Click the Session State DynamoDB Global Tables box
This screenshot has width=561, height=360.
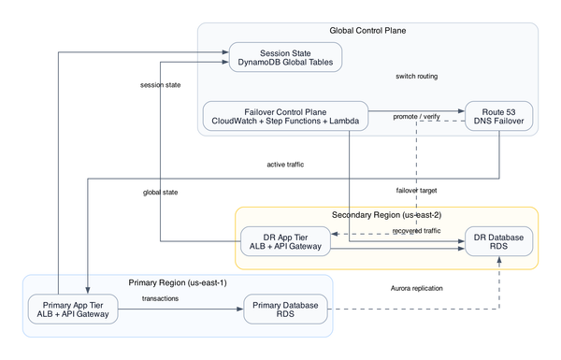click(x=284, y=56)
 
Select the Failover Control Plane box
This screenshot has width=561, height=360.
click(x=285, y=115)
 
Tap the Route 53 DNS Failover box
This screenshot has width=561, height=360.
click(x=499, y=115)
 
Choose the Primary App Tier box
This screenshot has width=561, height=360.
click(x=74, y=309)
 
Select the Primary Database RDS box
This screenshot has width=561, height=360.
click(x=285, y=309)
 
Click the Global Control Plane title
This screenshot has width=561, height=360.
click(x=367, y=31)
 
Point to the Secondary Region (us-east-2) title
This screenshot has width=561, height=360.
click(x=385, y=215)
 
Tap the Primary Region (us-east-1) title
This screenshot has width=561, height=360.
click(x=177, y=282)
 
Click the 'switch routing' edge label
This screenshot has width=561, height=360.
click(x=417, y=76)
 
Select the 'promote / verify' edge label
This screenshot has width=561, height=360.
click(x=417, y=116)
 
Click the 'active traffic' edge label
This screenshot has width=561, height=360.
click(x=285, y=165)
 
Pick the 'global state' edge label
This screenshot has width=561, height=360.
click(x=161, y=192)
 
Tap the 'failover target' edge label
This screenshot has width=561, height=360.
click(x=417, y=190)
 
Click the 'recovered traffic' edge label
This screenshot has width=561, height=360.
click(x=417, y=230)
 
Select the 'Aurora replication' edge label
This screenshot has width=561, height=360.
click(x=417, y=288)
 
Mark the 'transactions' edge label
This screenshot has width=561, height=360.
click(x=161, y=298)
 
